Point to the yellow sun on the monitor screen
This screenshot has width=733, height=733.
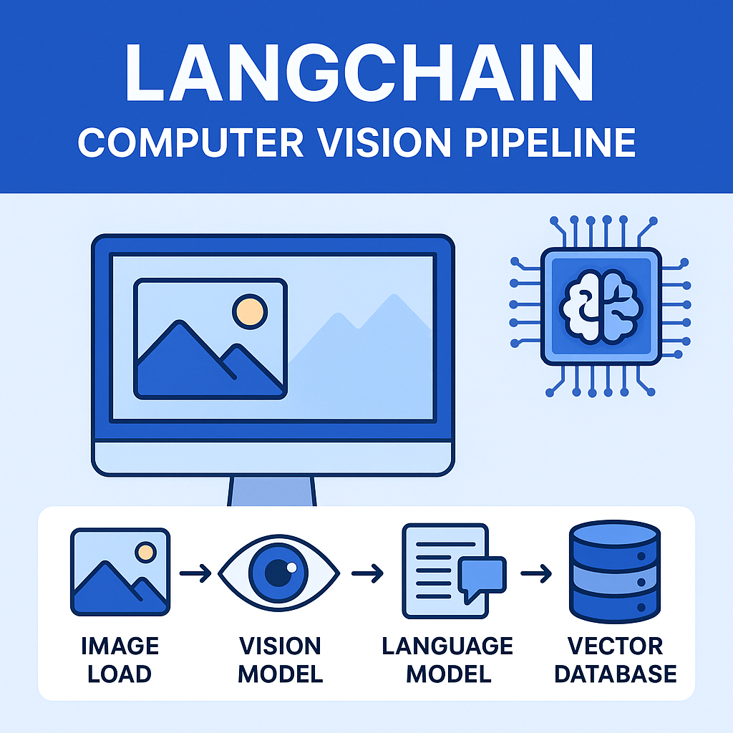tap(250, 311)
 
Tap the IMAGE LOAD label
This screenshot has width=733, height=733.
tap(120, 660)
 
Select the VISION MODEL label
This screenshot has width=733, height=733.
tap(281, 660)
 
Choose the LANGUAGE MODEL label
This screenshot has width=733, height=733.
tap(447, 660)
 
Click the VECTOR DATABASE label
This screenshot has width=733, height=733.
tap(615, 660)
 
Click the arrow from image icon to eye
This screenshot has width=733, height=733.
tap(195, 573)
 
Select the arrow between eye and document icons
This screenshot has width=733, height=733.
tap(366, 573)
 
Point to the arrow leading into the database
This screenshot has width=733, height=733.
tap(536, 573)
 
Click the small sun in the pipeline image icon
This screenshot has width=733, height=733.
tap(146, 552)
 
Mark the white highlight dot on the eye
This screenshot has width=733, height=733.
tap(291, 566)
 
